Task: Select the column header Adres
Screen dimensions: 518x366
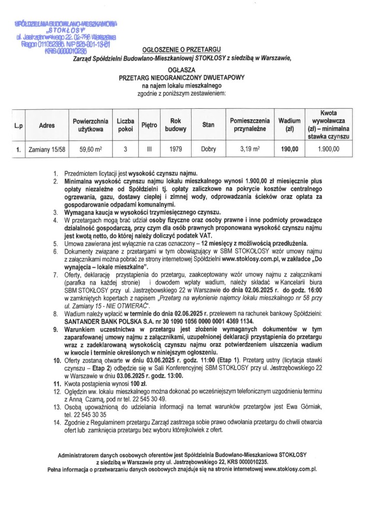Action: (x=47, y=125)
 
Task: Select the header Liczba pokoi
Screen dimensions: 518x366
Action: (x=125, y=125)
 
